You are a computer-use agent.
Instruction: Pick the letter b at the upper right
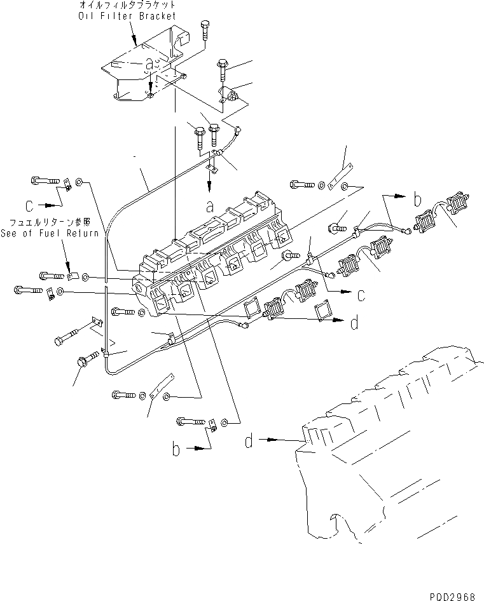418,199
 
